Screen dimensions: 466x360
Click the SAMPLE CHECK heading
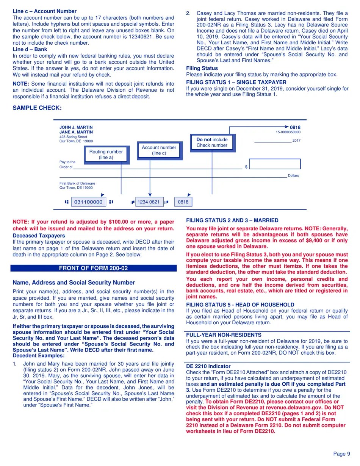(x=37, y=108)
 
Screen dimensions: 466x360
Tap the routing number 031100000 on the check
(x=88, y=202)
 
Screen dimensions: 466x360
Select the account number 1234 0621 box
(x=149, y=202)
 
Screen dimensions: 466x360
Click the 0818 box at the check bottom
(x=183, y=202)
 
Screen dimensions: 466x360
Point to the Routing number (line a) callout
(x=106, y=155)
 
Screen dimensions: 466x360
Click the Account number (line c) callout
(x=159, y=150)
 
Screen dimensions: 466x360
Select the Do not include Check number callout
(x=212, y=142)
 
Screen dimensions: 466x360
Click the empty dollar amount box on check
(x=275, y=164)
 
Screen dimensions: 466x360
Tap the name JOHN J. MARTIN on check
(x=76, y=128)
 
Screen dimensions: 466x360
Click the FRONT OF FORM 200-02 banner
(x=93, y=268)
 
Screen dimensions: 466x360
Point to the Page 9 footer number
(x=341, y=454)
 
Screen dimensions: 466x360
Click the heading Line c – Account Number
(x=44, y=11)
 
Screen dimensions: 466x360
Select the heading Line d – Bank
(x=30, y=49)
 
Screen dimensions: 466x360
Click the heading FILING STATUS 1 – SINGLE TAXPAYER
(x=236, y=82)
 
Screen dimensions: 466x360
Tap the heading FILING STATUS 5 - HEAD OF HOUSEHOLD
(x=240, y=305)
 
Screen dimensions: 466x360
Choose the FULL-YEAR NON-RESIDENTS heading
(x=224, y=335)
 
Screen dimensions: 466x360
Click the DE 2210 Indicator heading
(x=208, y=366)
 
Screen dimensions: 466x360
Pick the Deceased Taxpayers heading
(x=39, y=236)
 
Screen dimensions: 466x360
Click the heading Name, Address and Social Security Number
(x=74, y=283)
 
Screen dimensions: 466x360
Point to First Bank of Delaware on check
(x=77, y=183)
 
